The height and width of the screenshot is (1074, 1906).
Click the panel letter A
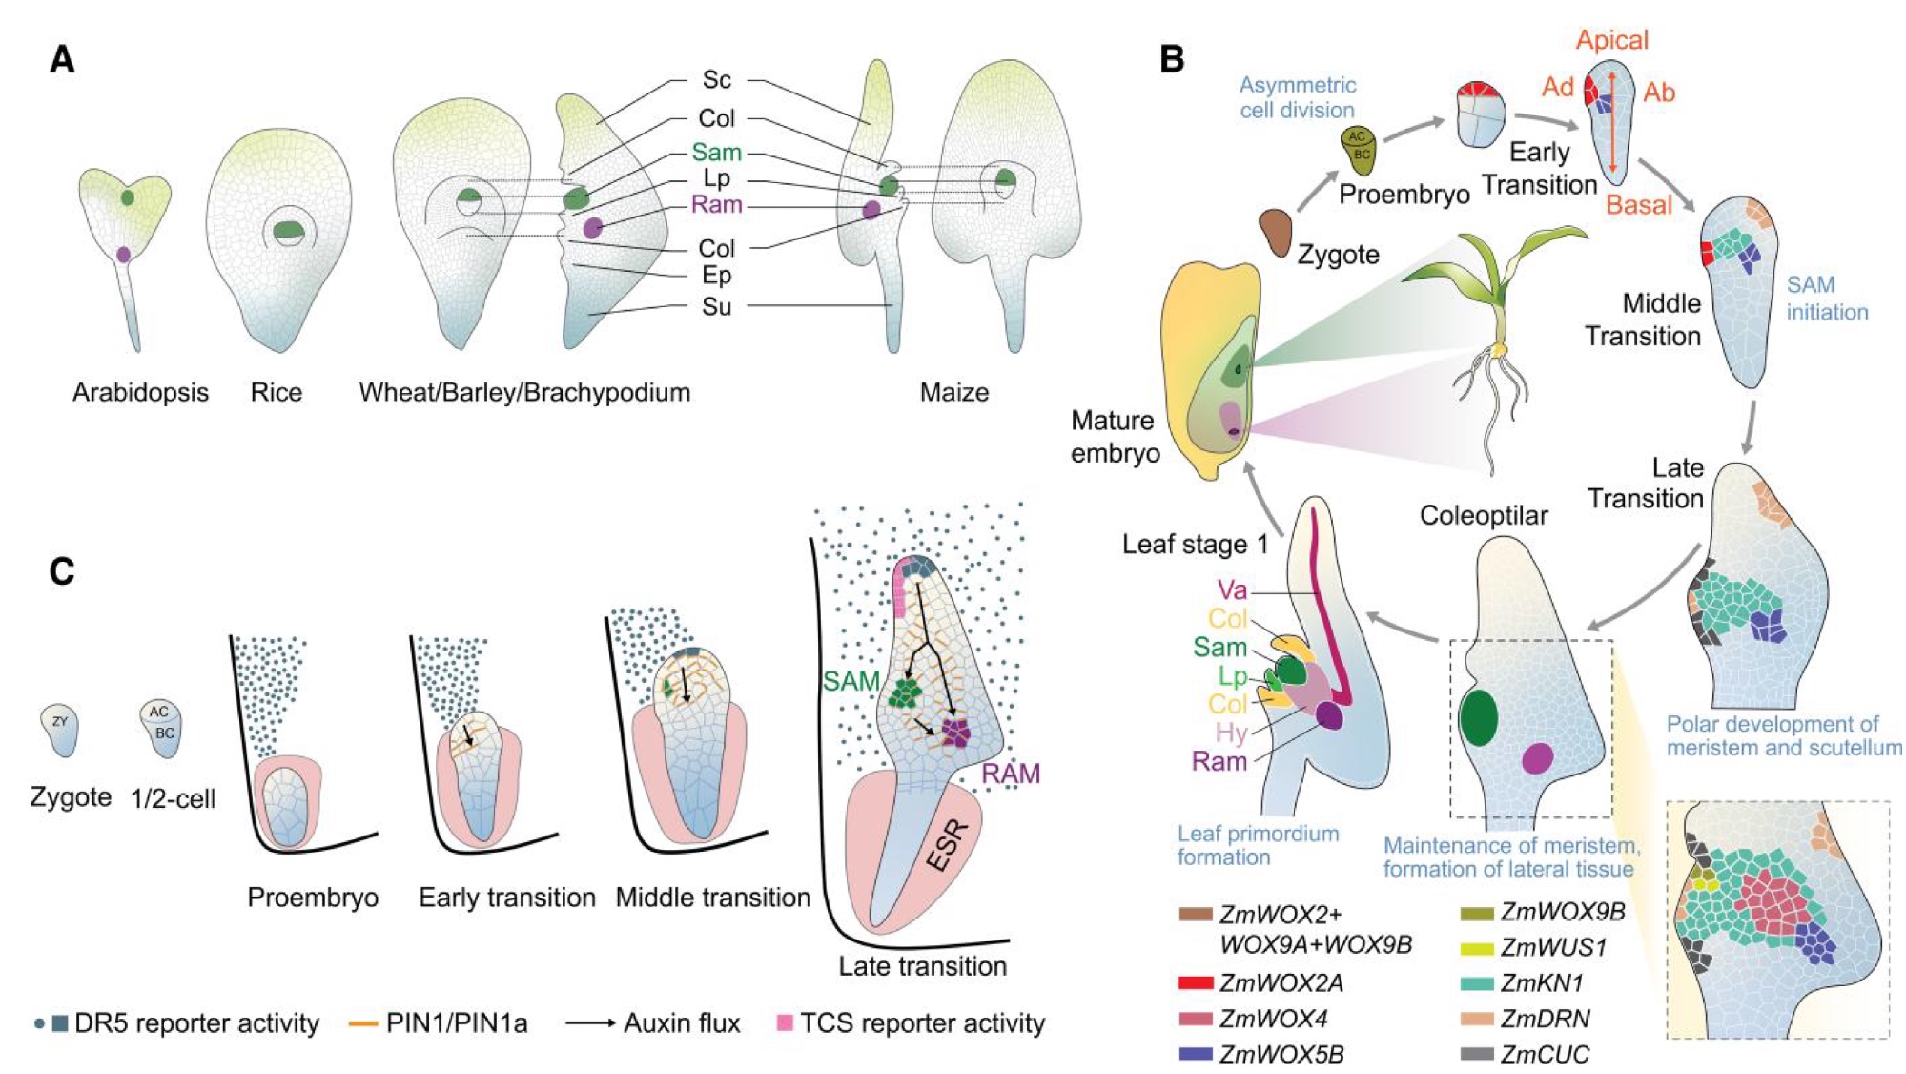click(x=62, y=59)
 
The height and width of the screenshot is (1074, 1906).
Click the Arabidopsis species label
click(x=140, y=392)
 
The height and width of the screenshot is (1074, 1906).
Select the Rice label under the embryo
click(x=277, y=392)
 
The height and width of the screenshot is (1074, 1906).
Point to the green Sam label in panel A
click(x=716, y=152)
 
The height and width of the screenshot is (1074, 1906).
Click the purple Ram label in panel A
click(x=716, y=204)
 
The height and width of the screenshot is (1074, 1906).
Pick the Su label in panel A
click(x=716, y=306)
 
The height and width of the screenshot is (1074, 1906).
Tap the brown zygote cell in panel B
click(x=1274, y=233)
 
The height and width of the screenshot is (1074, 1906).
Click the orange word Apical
click(x=1611, y=40)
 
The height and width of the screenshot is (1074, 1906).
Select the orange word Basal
click(x=1638, y=204)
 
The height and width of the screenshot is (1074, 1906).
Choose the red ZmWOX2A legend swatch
click(x=1196, y=982)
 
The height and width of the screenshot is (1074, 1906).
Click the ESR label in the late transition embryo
click(x=947, y=845)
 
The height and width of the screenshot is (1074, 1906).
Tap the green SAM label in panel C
click(x=851, y=681)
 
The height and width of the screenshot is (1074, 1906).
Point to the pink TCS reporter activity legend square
click(x=785, y=1023)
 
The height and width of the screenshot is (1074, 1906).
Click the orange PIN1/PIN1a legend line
click(x=363, y=1023)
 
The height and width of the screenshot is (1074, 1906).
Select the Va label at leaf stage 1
click(x=1232, y=590)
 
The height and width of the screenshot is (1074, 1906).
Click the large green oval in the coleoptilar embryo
click(x=1478, y=717)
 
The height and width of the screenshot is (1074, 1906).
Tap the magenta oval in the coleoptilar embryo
click(x=1537, y=758)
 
